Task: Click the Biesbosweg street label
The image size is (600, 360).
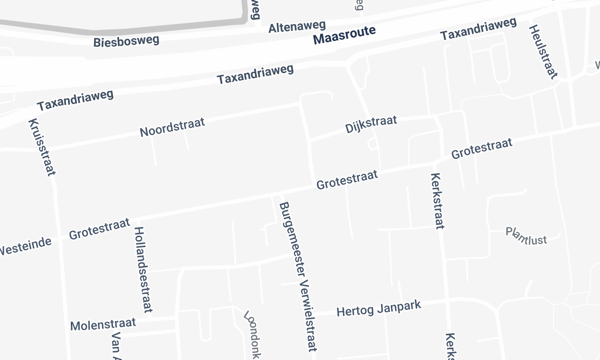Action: click(125, 43)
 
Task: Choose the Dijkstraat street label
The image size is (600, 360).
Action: click(371, 122)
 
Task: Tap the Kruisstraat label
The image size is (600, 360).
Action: click(41, 147)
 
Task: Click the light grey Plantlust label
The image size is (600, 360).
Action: click(527, 237)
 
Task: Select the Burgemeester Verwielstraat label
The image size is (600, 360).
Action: click(294, 266)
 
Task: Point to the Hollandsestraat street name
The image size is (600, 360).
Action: click(141, 266)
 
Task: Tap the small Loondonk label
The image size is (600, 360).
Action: click(252, 336)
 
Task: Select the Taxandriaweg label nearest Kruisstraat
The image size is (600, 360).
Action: click(75, 100)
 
